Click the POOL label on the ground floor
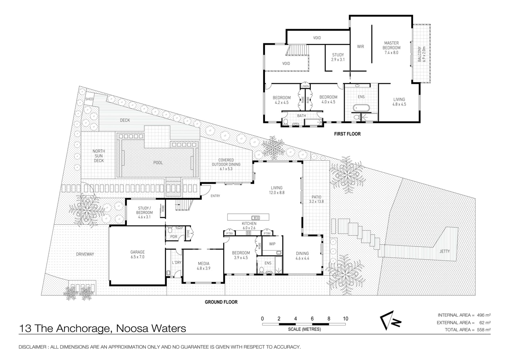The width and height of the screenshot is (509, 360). click(x=158, y=163)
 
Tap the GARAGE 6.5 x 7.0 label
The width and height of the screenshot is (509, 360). click(x=137, y=254)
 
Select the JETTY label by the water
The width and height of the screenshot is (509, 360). click(x=444, y=251)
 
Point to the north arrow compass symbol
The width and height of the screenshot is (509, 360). click(x=390, y=321)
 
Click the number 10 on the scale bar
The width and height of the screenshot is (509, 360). click(x=345, y=319)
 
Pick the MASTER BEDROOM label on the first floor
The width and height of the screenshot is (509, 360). click(x=391, y=45)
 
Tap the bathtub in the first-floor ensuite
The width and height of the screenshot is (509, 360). click(x=361, y=108)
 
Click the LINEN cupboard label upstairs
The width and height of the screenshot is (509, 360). click(x=305, y=87)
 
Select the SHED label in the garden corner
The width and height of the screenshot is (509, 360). click(x=89, y=99)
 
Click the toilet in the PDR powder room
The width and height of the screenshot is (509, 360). click(x=170, y=230)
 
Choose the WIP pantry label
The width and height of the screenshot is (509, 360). click(x=272, y=244)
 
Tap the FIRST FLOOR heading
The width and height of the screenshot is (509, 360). click(x=347, y=134)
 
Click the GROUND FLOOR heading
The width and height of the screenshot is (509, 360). click(x=221, y=302)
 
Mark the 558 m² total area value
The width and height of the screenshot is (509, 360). click(x=484, y=329)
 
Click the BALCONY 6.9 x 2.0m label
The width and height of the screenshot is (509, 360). click(x=421, y=54)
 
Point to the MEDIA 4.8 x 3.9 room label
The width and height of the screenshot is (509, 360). click(x=203, y=266)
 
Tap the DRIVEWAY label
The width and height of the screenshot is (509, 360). click(x=85, y=254)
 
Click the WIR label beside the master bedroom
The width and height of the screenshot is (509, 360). click(x=360, y=47)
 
